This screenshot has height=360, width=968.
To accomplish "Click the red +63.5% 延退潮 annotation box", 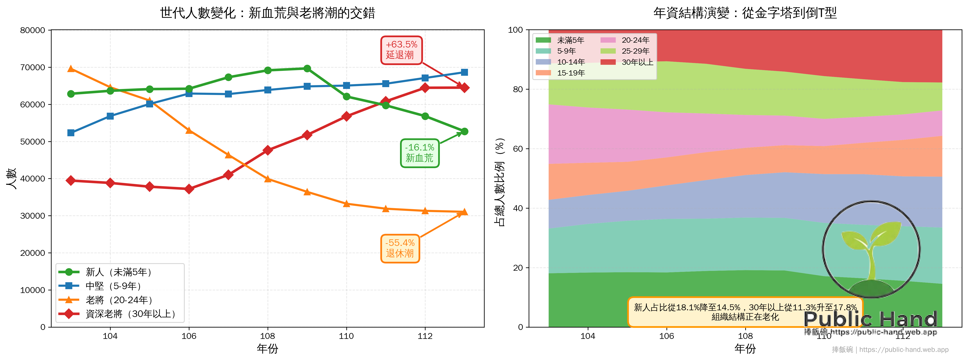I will coord(401,50).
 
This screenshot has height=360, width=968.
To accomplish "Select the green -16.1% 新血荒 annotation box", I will coord(419,153).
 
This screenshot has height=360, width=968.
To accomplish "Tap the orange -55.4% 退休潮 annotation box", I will coord(400,248).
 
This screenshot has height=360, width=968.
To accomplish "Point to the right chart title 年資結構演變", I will coord(745,13).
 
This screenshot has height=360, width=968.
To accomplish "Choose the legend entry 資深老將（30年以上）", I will coord(130,314).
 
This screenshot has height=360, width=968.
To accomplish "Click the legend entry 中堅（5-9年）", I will coord(113,286).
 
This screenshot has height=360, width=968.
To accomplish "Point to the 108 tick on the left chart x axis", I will coord(268,336).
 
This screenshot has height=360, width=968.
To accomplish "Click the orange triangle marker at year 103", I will coord(71,68).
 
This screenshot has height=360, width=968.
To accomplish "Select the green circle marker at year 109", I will coord(307,68).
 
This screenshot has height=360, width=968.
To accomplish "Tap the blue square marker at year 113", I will coord(465,72).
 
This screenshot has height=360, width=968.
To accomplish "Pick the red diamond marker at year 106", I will coord(189,189).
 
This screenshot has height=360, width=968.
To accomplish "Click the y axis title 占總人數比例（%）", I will coord(500,182).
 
